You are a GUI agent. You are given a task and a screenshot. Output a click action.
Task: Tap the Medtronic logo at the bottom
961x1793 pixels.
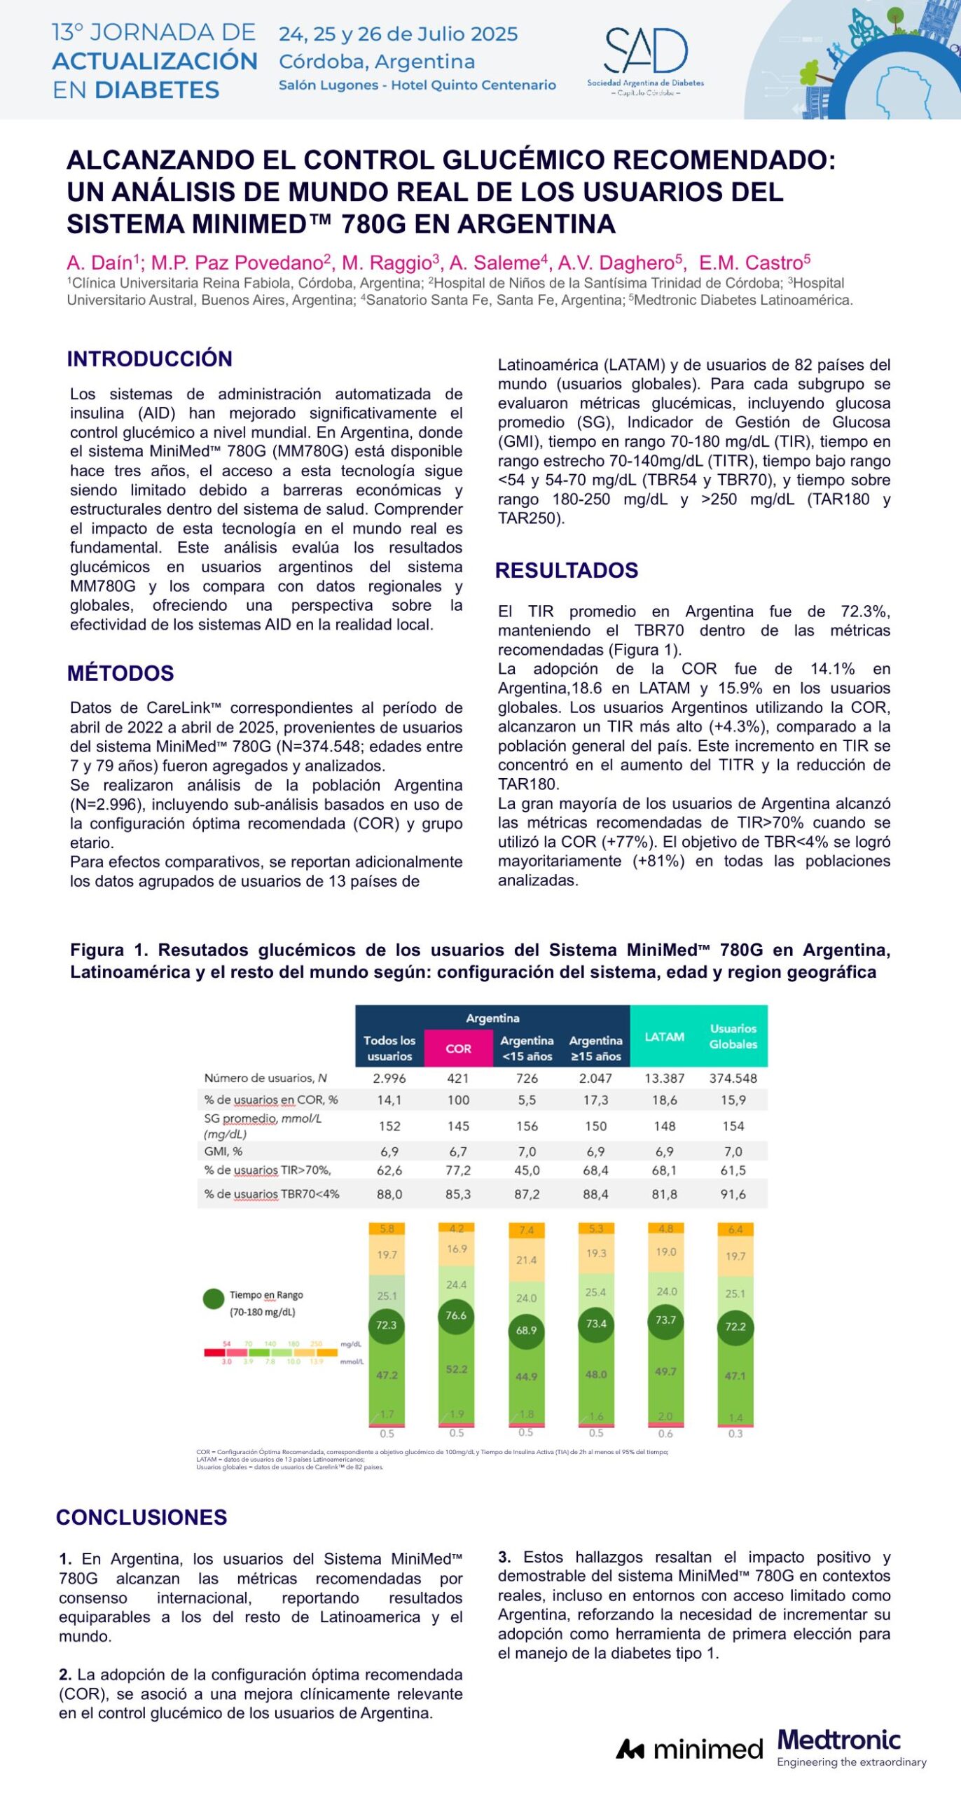[839, 1740]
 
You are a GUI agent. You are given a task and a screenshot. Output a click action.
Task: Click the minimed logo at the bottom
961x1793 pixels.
[689, 1750]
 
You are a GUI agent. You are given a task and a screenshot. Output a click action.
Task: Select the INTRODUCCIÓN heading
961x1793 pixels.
[149, 359]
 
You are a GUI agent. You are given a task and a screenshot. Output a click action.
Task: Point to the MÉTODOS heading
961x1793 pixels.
[120, 673]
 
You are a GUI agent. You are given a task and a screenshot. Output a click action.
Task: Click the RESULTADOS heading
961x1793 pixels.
[567, 570]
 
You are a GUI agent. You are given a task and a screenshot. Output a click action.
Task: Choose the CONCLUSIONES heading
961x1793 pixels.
[141, 1517]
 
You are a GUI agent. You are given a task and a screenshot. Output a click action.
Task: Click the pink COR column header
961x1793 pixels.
[458, 1048]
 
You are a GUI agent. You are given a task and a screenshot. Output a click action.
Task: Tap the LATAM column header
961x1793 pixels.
[664, 1037]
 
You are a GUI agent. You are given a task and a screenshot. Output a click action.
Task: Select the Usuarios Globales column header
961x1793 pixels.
[733, 1037]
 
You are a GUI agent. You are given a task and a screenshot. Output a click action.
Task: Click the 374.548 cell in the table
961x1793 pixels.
[733, 1078]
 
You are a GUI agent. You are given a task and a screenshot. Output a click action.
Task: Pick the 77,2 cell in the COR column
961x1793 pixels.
[458, 1170]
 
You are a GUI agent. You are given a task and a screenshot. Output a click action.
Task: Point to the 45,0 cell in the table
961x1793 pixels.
[527, 1170]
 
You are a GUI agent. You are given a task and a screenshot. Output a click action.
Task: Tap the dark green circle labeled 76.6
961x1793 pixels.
[456, 1316]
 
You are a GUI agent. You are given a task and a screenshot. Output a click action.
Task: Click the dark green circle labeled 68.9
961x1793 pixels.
[526, 1330]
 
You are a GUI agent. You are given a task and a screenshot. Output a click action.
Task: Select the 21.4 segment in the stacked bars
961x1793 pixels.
[526, 1260]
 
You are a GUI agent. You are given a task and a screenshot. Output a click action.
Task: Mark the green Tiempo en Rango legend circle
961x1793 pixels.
[214, 1299]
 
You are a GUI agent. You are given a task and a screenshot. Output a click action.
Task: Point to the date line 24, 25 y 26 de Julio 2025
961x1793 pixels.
[398, 34]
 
